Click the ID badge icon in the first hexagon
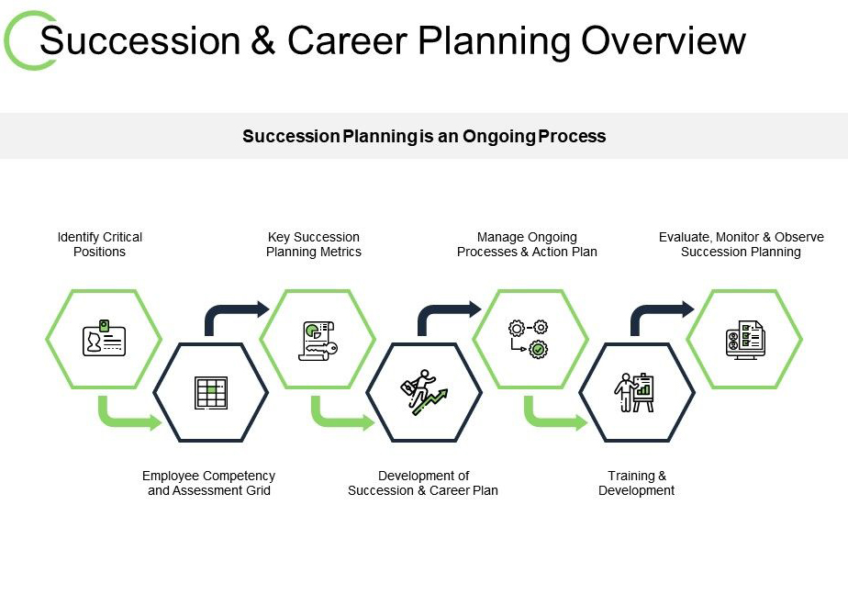pyautogui.click(x=104, y=338)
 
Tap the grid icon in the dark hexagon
pyautogui.click(x=211, y=393)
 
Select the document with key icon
pyautogui.click(x=318, y=341)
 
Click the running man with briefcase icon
pyautogui.click(x=424, y=392)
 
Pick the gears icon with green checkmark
pyautogui.click(x=529, y=339)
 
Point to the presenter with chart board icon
pyautogui.click(x=634, y=392)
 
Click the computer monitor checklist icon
pyautogui.click(x=745, y=340)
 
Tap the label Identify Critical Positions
pyautogui.click(x=99, y=244)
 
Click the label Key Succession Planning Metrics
pyautogui.click(x=314, y=244)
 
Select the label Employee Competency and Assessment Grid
pyautogui.click(x=208, y=483)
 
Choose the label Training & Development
pyautogui.click(x=637, y=483)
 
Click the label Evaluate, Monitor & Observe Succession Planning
pyautogui.click(x=741, y=244)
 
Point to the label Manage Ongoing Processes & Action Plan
pyautogui.click(x=527, y=244)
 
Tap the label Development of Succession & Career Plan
pyautogui.click(x=423, y=483)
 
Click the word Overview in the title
pyautogui.click(x=664, y=40)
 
